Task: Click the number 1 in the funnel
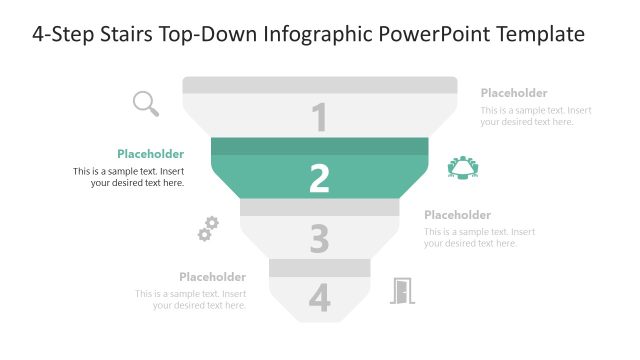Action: (320, 118)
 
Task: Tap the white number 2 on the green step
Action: (320, 178)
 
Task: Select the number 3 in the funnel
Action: (320, 239)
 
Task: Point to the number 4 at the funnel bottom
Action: (320, 298)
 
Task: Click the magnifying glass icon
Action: (146, 102)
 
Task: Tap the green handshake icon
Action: (464, 167)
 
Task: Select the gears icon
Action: (207, 229)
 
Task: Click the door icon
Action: (402, 291)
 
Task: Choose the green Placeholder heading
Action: (150, 154)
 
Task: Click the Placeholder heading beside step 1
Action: (514, 93)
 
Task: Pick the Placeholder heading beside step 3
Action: (457, 215)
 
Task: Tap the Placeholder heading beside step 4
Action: (212, 277)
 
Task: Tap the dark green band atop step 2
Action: (320, 146)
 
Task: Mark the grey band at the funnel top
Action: (320, 85)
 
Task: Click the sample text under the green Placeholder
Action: (129, 177)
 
